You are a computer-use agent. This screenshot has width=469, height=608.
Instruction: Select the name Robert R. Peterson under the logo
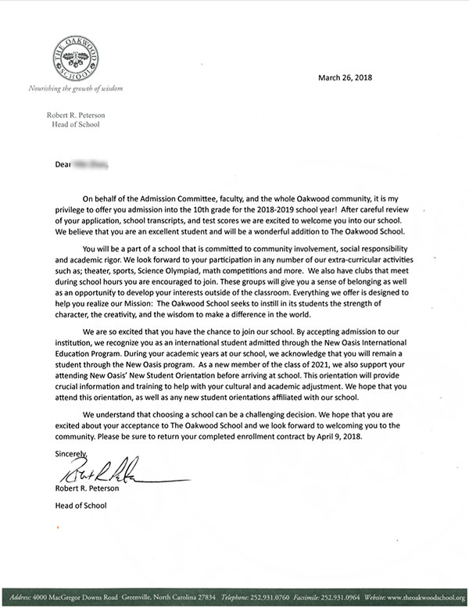[x=76, y=115]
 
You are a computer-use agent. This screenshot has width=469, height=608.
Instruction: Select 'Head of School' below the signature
[x=81, y=505]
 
